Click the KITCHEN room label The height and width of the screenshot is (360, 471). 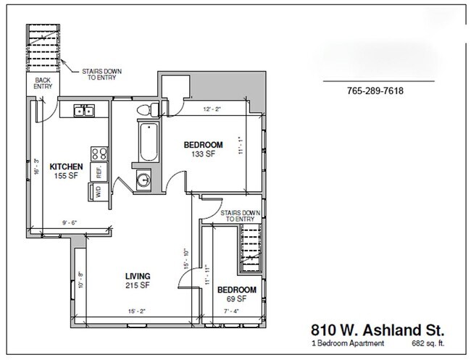pos(65,167)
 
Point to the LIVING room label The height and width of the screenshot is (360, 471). pos(137,276)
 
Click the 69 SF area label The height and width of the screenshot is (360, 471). pos(237,298)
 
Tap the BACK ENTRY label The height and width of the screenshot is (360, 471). pos(43,83)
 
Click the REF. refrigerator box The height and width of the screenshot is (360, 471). pos(99,171)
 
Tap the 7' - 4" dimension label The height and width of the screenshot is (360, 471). pos(230,312)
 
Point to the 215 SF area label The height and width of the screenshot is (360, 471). pos(137,286)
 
